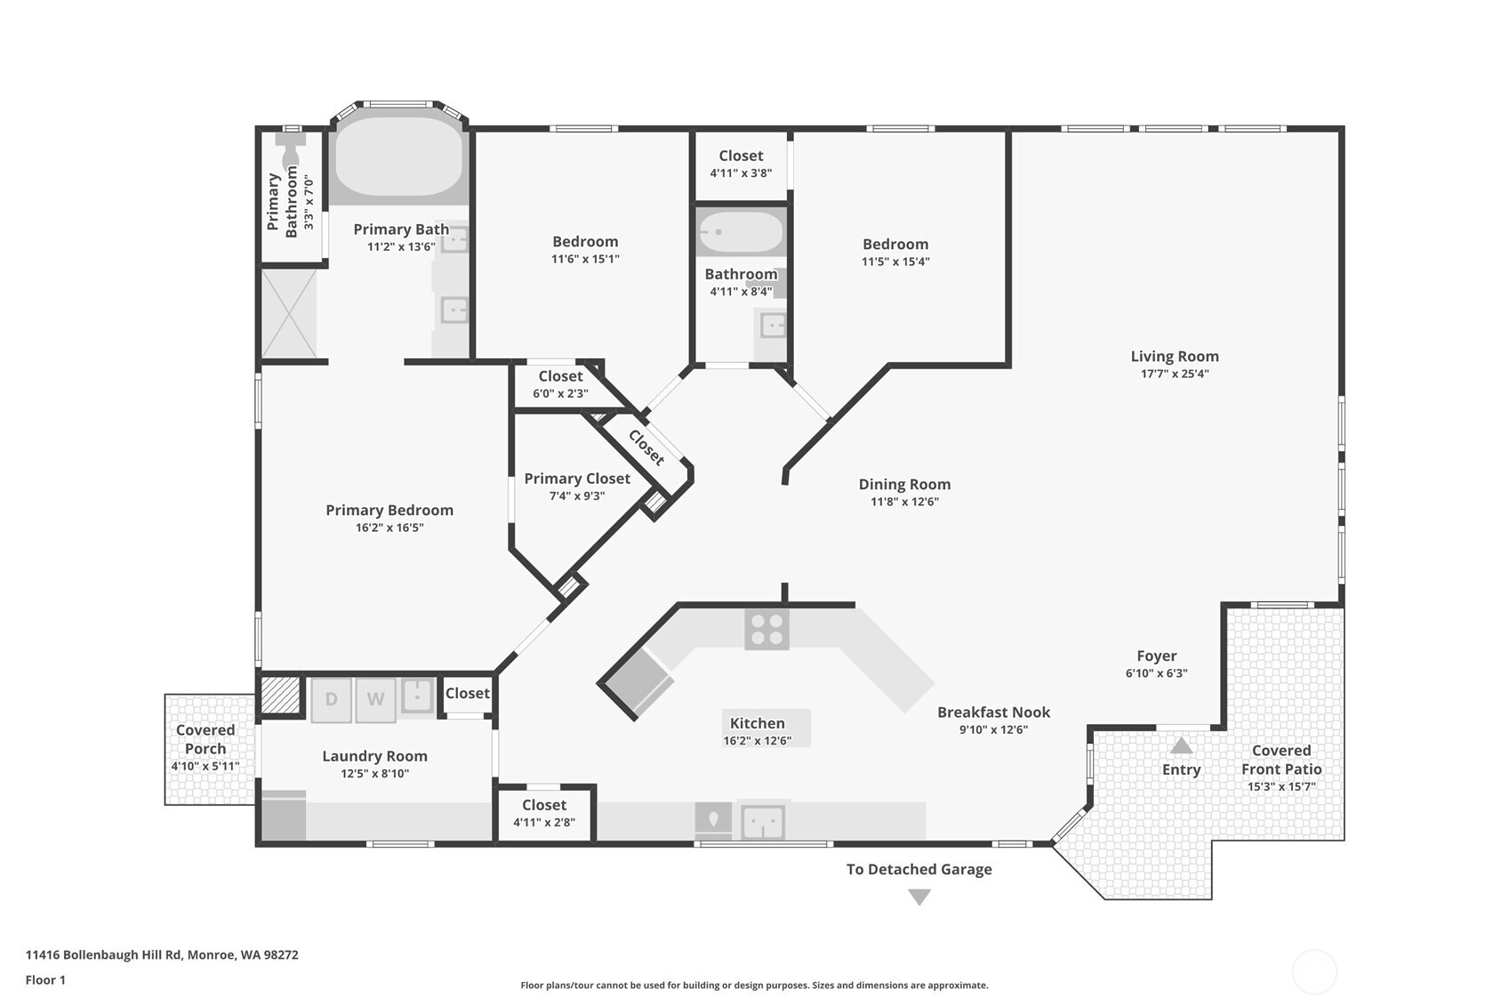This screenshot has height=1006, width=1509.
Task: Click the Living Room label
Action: coord(1174,357)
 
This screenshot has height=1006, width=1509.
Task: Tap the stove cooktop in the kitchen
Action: coord(767,630)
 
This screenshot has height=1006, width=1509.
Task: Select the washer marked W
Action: coord(375,700)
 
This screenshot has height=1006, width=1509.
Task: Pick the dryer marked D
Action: coord(331,700)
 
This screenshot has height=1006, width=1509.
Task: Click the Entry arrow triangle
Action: coord(1181,746)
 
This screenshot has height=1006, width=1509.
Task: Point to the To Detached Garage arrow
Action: coord(919,897)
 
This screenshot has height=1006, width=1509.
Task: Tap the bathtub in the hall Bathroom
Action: coord(741,232)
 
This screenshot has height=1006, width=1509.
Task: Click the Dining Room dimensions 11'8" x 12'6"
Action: coord(904,502)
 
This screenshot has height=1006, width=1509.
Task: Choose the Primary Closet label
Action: coord(576,479)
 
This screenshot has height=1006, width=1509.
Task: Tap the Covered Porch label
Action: coord(205,739)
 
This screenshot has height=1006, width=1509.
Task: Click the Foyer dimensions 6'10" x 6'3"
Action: coord(1156,672)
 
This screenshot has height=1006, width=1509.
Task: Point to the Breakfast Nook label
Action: coord(993,712)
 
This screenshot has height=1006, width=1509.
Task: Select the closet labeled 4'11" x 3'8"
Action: coord(741,164)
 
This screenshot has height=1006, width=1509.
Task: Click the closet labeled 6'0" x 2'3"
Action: coord(560,385)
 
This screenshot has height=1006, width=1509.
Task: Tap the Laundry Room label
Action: coord(374,756)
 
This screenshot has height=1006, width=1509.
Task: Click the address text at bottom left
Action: coord(162,954)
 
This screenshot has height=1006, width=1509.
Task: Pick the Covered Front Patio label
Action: coord(1281,760)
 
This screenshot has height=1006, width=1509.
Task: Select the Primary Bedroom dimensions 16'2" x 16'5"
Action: coord(389,527)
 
